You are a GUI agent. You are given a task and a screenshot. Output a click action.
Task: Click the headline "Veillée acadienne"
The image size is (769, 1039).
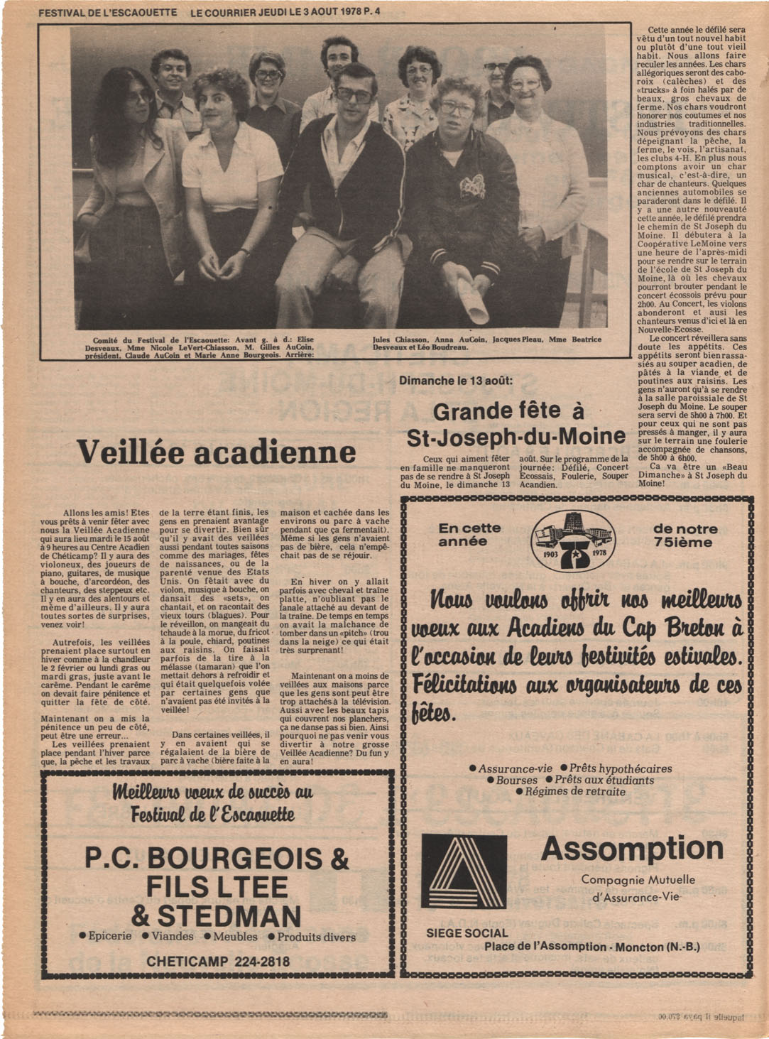pos(216,452)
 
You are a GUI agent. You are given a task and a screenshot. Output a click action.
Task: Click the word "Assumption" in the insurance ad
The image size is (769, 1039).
pos(632,848)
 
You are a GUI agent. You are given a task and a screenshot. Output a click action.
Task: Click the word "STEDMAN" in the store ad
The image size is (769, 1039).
pos(217,915)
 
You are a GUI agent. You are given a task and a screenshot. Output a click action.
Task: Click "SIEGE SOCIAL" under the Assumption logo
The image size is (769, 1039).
pos(467,933)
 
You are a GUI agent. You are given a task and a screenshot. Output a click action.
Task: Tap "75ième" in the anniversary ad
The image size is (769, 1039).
pos(685,542)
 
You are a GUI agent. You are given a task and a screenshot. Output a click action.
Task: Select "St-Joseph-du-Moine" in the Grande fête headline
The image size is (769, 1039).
pos(516,436)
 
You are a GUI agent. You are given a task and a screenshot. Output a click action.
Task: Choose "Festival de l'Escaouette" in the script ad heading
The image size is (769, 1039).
pos(212,814)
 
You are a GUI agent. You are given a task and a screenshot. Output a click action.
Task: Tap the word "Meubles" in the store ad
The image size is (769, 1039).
pos(235,937)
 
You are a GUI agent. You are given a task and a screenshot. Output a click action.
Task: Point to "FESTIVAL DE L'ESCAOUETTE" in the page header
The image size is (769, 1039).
pos(107,12)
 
